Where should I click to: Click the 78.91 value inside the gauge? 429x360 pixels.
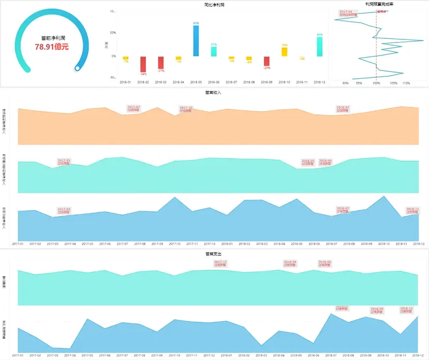[52, 47]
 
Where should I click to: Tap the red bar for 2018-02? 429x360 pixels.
[143, 64]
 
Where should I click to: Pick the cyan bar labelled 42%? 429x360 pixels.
[319, 46]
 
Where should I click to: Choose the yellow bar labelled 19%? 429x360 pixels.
[284, 52]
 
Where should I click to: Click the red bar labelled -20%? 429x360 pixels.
[266, 61]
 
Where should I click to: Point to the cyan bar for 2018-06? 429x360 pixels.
[213, 51]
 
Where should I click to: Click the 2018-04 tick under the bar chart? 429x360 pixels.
[178, 82]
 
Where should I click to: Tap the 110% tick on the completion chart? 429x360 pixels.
[406, 82]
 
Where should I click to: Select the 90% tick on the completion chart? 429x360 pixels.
[346, 82]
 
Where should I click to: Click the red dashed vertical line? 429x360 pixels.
[377, 47]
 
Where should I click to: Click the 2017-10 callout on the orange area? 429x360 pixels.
[186, 109]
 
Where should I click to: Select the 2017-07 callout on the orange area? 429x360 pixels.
[134, 108]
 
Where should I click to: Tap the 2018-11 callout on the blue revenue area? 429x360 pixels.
[412, 210]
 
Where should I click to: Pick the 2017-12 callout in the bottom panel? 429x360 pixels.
[220, 263]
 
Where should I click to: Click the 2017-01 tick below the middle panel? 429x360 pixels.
[18, 243]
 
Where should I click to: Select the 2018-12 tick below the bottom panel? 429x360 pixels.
[419, 355]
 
